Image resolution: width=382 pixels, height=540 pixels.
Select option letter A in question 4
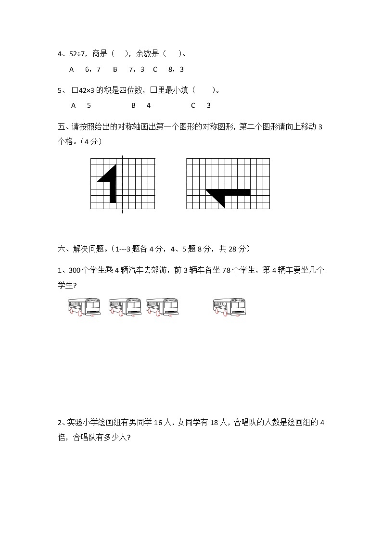pyautogui.click(x=72, y=69)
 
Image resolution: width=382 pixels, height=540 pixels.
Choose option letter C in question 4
pyautogui.click(x=155, y=69)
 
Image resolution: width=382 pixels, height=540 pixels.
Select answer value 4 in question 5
pyautogui.click(x=149, y=105)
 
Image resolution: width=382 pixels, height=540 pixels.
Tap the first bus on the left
pyautogui.click(x=85, y=306)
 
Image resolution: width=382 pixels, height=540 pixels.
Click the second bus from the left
pyautogui.click(x=125, y=306)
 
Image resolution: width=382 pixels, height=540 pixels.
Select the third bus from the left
pyautogui.click(x=162, y=306)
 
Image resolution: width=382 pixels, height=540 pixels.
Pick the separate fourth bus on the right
pyautogui.click(x=229, y=306)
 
